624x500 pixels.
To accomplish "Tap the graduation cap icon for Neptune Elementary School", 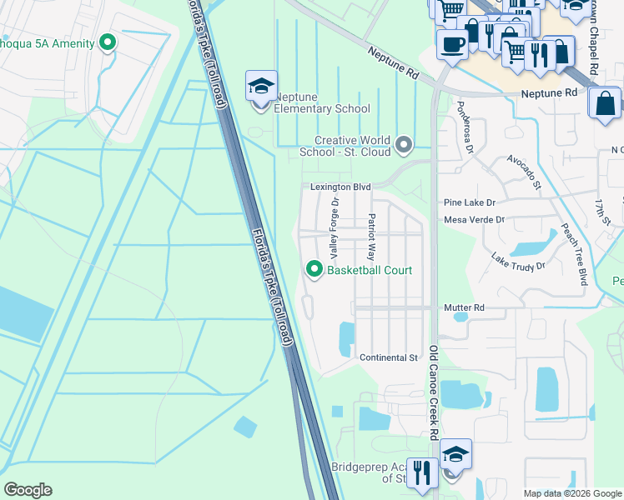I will [261, 87].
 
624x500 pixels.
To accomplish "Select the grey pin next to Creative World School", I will [405, 146].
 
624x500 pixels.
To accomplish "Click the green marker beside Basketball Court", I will [315, 269].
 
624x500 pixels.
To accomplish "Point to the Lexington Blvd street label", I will [340, 187].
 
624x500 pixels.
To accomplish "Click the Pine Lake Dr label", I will [470, 202].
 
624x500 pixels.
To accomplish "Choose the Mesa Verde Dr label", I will [475, 220].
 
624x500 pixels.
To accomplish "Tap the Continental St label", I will [388, 357].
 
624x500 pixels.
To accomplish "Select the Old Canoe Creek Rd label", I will [434, 392].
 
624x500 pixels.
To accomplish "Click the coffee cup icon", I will [452, 43].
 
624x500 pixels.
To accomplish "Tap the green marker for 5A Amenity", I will [108, 42].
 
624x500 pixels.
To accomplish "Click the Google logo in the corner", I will [28, 490].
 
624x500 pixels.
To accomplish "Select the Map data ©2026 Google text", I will [572, 493].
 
